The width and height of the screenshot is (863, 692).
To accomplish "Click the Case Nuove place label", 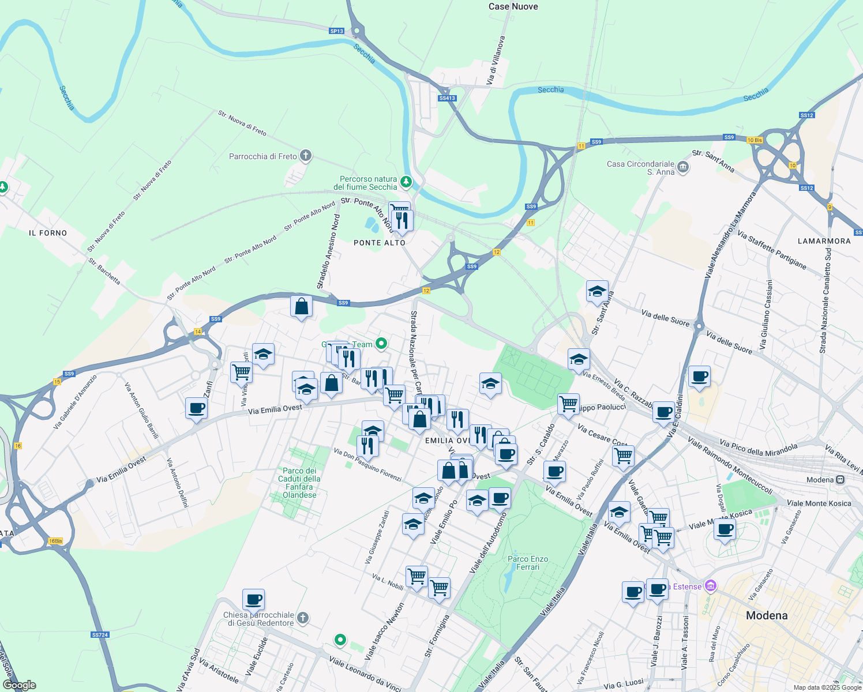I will [513, 7].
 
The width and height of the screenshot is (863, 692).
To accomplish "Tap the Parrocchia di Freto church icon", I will [306, 156].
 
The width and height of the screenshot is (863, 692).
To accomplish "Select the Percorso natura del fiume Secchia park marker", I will [406, 182].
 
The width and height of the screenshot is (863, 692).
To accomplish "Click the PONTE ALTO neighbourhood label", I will [380, 243].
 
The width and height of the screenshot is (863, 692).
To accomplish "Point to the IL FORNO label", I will [48, 233].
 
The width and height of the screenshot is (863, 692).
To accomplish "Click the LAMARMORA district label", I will [824, 241].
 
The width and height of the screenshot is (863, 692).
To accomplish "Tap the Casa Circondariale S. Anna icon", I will [683, 167].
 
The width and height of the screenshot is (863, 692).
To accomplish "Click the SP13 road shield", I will [337, 31].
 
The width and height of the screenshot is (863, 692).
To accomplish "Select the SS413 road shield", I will [447, 98].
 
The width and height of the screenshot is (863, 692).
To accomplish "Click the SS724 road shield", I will [100, 635].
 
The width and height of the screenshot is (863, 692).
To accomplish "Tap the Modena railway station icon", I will [841, 480].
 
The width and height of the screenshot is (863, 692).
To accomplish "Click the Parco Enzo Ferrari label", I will [528, 563].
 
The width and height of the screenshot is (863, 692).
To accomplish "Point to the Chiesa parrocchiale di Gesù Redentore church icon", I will [303, 619].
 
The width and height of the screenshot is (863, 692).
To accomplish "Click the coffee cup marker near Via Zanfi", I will [196, 408].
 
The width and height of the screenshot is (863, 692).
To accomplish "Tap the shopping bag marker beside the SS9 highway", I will [301, 306].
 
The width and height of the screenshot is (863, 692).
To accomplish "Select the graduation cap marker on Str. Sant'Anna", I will [597, 291].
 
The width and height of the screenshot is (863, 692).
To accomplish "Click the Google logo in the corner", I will [20, 685].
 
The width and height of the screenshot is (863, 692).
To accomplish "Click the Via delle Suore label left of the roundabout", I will [665, 318].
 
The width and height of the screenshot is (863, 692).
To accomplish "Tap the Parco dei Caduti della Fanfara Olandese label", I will [299, 483].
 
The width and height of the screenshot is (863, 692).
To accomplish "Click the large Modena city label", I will [767, 615].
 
